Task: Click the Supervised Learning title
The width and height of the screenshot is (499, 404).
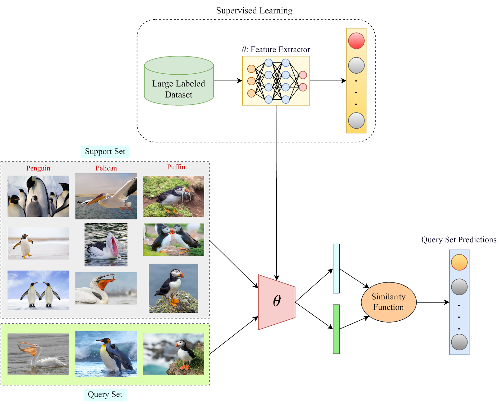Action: pyautogui.click(x=254, y=11)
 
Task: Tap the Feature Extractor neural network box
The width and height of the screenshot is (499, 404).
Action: pyautogui.click(x=276, y=81)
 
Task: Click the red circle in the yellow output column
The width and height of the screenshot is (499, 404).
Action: pyautogui.click(x=356, y=41)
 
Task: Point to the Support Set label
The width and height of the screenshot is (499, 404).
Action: pyautogui.click(x=105, y=151)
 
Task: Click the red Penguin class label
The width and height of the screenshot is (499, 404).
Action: pyautogui.click(x=38, y=168)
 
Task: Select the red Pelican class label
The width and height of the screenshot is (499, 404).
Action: pyautogui.click(x=106, y=168)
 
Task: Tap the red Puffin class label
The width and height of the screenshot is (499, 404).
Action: pyautogui.click(x=176, y=167)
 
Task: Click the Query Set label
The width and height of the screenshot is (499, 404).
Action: pyautogui.click(x=105, y=394)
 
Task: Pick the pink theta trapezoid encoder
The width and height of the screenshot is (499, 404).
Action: pyautogui.click(x=276, y=302)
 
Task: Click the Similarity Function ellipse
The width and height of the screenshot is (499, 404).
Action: pyautogui.click(x=388, y=302)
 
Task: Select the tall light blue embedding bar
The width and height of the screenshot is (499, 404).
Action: pyautogui.click(x=336, y=269)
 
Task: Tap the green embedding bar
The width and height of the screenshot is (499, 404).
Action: pyautogui.click(x=336, y=329)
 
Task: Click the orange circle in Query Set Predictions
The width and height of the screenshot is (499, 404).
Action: pyautogui.click(x=459, y=262)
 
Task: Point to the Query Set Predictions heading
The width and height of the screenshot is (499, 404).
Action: pyautogui.click(x=458, y=239)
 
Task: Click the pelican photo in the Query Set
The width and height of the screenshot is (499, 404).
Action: pyautogui.click(x=38, y=354)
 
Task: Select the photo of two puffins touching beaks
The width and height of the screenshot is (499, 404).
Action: pyautogui.click(x=173, y=239)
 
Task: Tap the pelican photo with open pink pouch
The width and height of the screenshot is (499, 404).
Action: pyautogui.click(x=106, y=244)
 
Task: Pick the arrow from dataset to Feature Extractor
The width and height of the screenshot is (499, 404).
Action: pyautogui.click(x=228, y=81)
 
